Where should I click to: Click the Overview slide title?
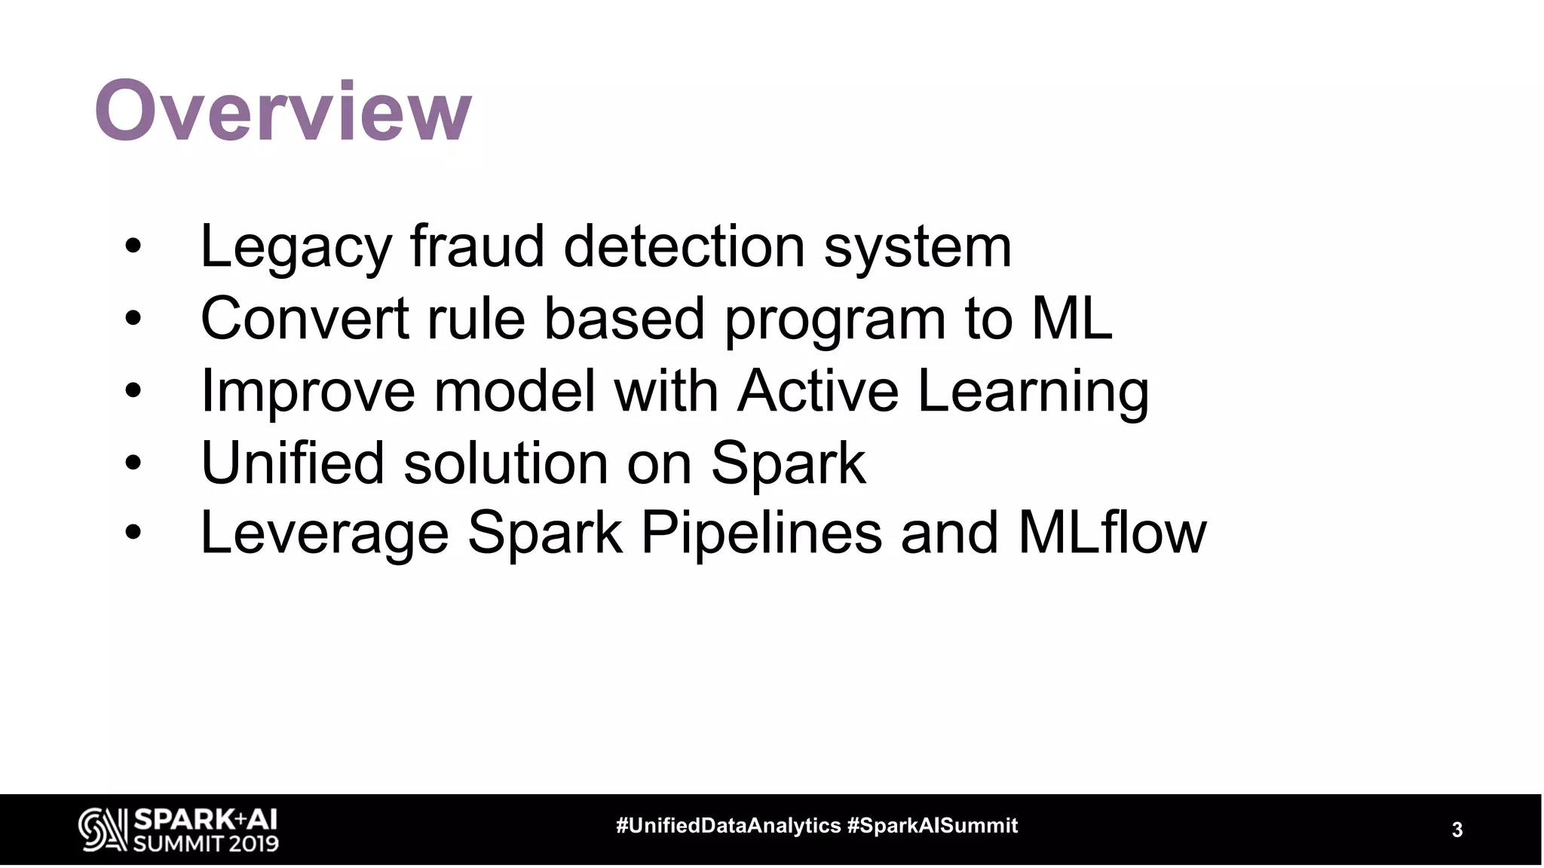click(283, 112)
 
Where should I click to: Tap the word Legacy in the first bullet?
click(296, 247)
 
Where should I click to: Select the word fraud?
click(477, 246)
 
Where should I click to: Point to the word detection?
click(685, 246)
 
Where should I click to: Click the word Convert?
click(305, 318)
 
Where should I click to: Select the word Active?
click(818, 390)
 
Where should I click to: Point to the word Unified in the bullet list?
click(293, 462)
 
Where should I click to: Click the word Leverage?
click(324, 533)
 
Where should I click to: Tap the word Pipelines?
click(761, 533)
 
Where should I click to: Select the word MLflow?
click(1112, 532)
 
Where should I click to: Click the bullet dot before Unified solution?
click(133, 463)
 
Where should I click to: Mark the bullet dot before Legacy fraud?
click(133, 247)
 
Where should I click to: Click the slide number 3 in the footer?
click(1457, 830)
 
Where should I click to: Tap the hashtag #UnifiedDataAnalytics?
click(728, 826)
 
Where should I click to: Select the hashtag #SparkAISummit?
click(933, 826)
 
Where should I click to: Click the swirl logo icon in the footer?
click(103, 830)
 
